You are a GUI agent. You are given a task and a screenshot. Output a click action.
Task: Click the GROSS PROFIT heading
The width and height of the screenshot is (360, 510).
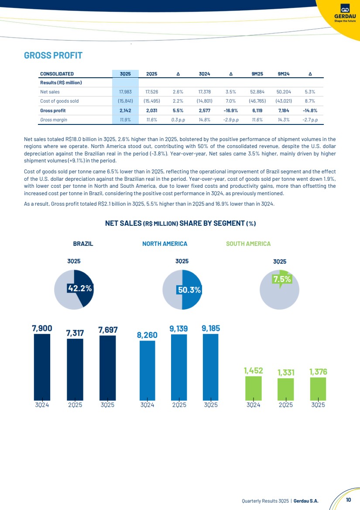(x=53, y=56)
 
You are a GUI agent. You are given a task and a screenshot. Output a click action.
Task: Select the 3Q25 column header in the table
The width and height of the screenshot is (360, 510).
(x=126, y=74)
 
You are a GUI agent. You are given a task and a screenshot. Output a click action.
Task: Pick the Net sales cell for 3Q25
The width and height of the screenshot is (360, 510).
(x=126, y=92)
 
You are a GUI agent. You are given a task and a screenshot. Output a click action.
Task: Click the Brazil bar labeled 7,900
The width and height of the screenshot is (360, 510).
(x=41, y=367)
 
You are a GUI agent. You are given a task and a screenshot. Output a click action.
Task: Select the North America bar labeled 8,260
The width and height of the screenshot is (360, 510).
(x=147, y=370)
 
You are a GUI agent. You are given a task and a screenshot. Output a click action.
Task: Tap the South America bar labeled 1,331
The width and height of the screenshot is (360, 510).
(x=285, y=389)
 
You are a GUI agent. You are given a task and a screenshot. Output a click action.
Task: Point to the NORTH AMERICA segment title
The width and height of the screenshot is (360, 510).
(x=165, y=244)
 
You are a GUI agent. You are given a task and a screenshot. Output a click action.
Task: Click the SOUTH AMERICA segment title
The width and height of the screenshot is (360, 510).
(x=248, y=244)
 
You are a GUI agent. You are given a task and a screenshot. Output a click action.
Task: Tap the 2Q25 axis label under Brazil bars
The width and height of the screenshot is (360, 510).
(x=75, y=404)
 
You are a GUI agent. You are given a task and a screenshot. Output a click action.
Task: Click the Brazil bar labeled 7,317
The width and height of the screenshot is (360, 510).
(x=75, y=369)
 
